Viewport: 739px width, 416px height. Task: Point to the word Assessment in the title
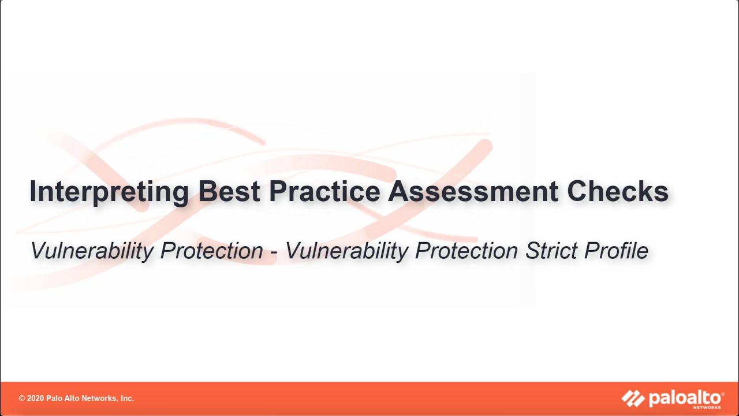pos(473,191)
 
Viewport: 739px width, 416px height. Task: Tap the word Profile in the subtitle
pos(616,251)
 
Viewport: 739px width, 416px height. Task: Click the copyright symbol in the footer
pos(22,399)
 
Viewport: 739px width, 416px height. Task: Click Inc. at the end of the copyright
pos(126,399)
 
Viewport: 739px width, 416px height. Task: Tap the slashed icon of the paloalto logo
pos(633,398)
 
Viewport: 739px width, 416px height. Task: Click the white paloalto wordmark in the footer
pos(686,398)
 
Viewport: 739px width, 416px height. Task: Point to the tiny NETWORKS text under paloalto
pos(712,407)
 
